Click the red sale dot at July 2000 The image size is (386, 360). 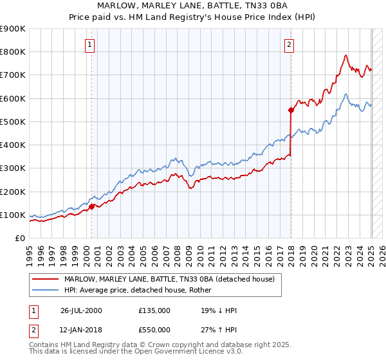[91, 206]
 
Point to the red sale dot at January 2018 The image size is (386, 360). [291, 110]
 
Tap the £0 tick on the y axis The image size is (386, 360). [19, 238]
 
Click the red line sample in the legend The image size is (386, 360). [45, 279]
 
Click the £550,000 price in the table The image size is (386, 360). [154, 328]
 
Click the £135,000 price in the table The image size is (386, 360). [154, 310]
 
